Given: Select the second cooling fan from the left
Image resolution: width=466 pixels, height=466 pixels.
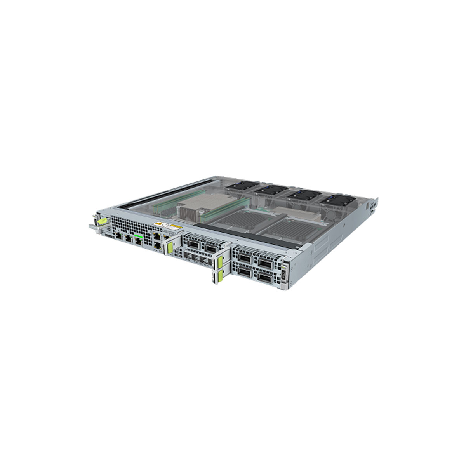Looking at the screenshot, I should pos(272,190).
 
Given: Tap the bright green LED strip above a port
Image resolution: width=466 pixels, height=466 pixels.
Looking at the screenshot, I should pos(138,236).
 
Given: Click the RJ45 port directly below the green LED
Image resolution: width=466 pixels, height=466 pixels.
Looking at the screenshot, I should pos(137,241).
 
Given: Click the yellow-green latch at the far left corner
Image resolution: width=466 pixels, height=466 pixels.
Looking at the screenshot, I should pos(102,221).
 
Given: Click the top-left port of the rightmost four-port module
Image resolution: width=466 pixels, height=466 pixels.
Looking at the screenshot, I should pos(245,258).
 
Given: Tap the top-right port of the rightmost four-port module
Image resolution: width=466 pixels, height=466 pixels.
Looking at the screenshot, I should pos(266,264).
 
